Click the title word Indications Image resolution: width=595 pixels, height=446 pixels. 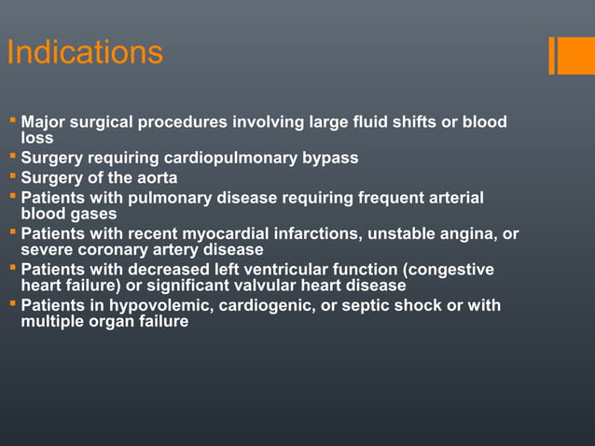(x=85, y=53)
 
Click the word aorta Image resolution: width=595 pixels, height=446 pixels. (x=155, y=177)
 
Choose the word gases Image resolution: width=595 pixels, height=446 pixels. (x=91, y=213)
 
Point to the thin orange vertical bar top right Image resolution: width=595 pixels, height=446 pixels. (x=552, y=55)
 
